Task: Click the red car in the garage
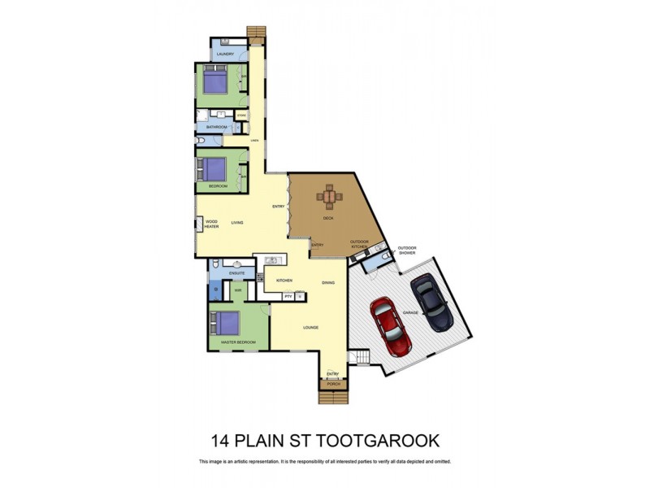[390, 328]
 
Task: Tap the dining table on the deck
[329, 196]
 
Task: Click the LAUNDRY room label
[225, 54]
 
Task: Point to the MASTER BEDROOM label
[238, 342]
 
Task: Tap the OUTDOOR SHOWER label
[406, 251]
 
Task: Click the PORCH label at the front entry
[333, 385]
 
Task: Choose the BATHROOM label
[216, 128]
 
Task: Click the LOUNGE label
[310, 328]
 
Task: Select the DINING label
[328, 282]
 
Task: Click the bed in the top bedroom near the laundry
[214, 82]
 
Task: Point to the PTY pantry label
[288, 297]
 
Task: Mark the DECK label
[328, 218]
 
